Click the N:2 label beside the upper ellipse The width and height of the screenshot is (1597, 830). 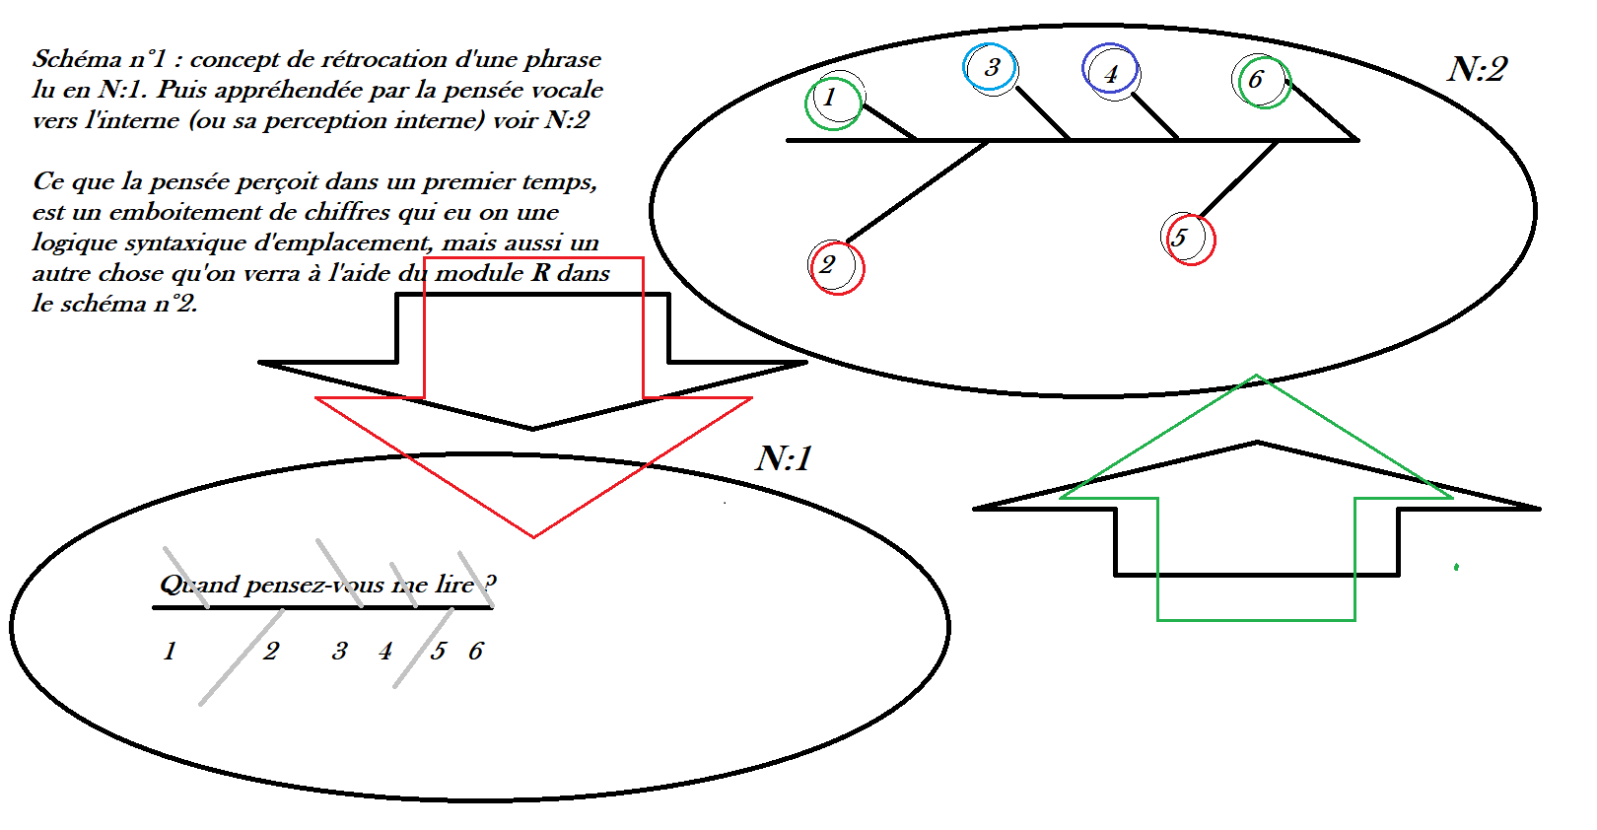coord(1477,70)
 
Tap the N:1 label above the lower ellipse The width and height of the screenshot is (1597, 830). coord(785,458)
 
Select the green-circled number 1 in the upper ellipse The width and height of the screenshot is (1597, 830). coord(830,98)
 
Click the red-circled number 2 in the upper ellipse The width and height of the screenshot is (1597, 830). coord(828,264)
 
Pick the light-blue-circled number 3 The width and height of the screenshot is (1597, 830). coord(992,67)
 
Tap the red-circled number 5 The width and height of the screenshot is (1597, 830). coord(1179,238)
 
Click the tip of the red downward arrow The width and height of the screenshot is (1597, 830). coord(533,536)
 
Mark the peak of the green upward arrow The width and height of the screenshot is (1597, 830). coord(1256,377)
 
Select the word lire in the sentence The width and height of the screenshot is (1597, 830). coord(454,585)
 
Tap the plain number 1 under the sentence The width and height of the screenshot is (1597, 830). coord(170,652)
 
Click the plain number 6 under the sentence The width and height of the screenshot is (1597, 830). coord(476,652)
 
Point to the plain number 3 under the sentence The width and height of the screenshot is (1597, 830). coord(340,652)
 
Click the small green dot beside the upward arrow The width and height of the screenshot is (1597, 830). coord(1456,567)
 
